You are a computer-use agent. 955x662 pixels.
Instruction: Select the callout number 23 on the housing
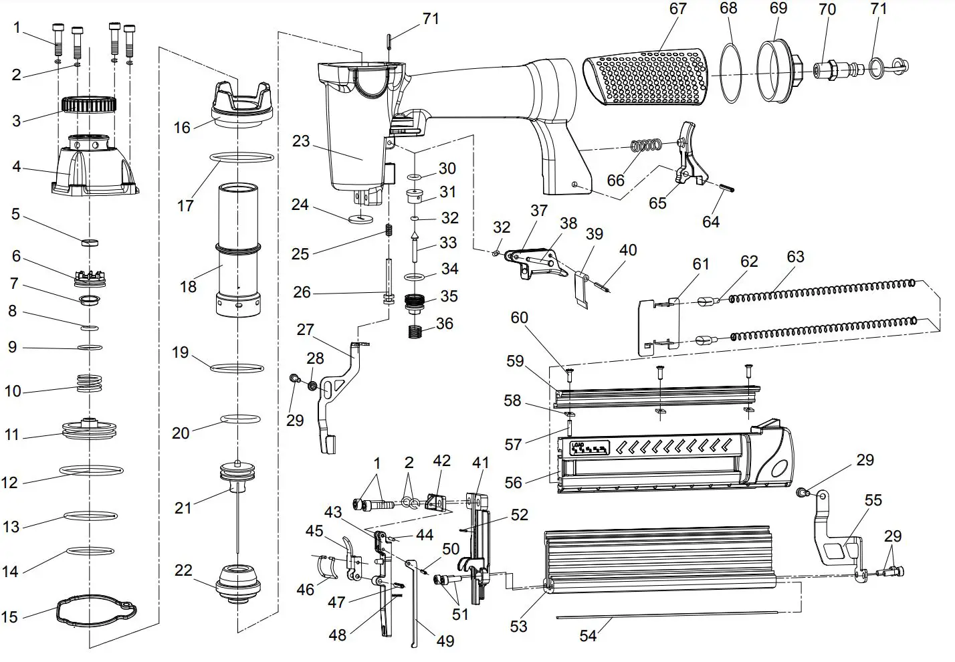pyautogui.click(x=301, y=141)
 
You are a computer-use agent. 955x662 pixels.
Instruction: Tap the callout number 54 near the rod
pyautogui.click(x=587, y=635)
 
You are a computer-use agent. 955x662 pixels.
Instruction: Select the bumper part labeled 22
pyautogui.click(x=237, y=582)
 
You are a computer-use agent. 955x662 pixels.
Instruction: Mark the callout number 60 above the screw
pyautogui.click(x=520, y=318)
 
